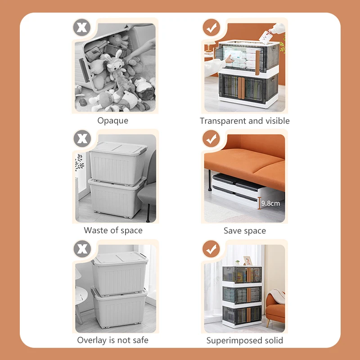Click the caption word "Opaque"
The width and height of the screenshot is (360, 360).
pyautogui.click(x=113, y=121)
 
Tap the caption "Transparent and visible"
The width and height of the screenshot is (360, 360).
pyautogui.click(x=244, y=121)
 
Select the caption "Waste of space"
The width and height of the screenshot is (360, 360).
pyautogui.click(x=113, y=230)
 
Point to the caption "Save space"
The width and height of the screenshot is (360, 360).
pyautogui.click(x=245, y=231)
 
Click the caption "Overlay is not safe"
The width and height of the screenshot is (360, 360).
pyautogui.click(x=113, y=340)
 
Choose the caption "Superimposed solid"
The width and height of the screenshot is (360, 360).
pyautogui.click(x=245, y=341)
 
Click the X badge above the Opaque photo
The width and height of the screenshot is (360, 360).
pyautogui.click(x=82, y=27)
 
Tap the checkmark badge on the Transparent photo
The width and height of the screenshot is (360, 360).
pyautogui.click(x=211, y=27)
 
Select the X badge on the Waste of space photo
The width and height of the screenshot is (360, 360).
pyautogui.click(x=82, y=139)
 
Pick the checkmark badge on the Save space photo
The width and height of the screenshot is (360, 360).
pyautogui.click(x=211, y=139)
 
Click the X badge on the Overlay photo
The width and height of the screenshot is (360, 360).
pyautogui.click(x=82, y=249)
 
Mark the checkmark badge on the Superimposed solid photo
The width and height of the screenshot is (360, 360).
pyautogui.click(x=211, y=249)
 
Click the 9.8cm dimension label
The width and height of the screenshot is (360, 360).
pyautogui.click(x=270, y=203)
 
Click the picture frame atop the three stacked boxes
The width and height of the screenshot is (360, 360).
pyautogui.click(x=248, y=261)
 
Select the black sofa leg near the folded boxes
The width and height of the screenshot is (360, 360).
pyautogui.click(x=209, y=180)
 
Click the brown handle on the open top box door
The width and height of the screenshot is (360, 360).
pyautogui.click(x=257, y=63)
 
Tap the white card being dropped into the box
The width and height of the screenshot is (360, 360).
pyautogui.click(x=266, y=37)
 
